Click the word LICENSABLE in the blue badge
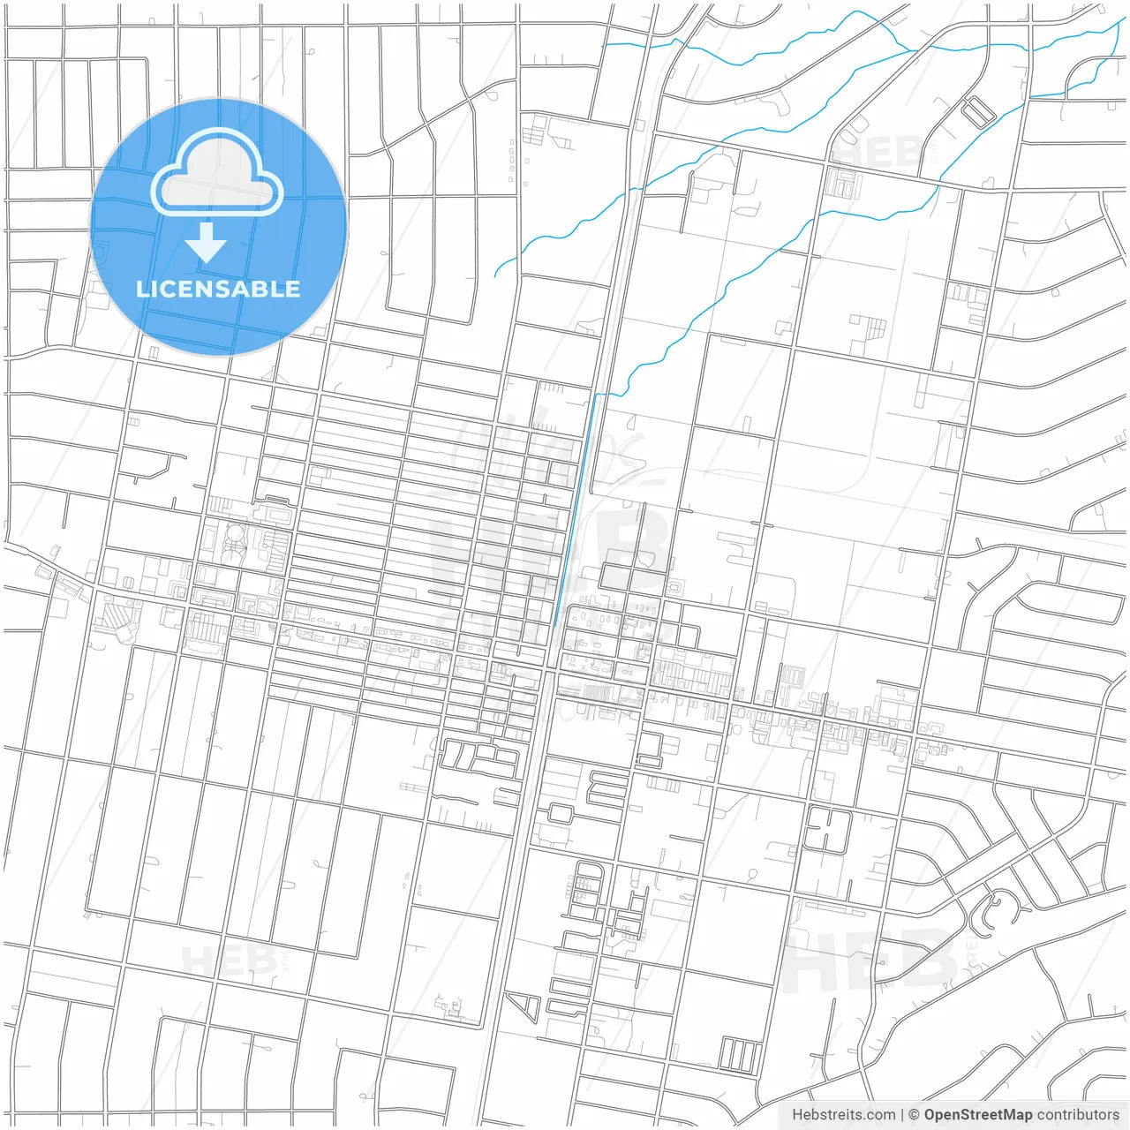pos(218,289)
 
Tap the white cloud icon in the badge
pos(217,173)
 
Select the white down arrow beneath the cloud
pos(207,244)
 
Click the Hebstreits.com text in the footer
pos(843,1115)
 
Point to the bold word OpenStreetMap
pos(977,1115)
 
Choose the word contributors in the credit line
pos(1078,1115)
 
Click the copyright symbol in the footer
pos(914,1115)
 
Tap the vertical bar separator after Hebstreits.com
pos(901,1115)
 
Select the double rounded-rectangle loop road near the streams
pos(977,111)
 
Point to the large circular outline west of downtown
pos(236,534)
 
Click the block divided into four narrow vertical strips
pos(740,1055)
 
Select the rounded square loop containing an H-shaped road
pos(826,830)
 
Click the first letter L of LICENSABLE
pos(142,289)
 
